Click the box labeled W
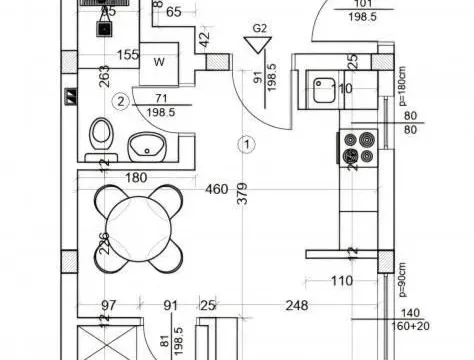coord(158,62)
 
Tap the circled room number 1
coord(245,144)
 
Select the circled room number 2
coord(121,99)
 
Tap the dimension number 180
coord(137,179)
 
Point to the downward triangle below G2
coord(258,45)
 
